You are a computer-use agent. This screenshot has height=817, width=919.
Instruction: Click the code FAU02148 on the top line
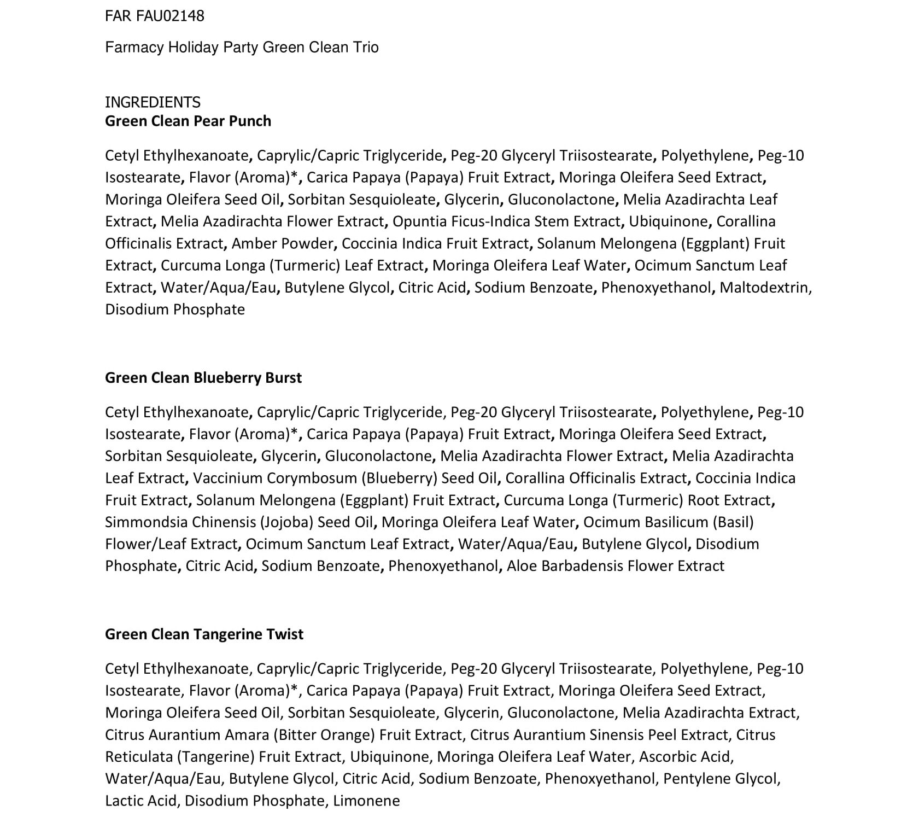[170, 16]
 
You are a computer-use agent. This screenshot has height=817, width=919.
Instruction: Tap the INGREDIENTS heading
[153, 102]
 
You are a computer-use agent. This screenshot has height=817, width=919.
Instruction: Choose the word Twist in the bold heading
[284, 634]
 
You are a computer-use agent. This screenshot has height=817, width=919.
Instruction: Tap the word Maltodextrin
[765, 288]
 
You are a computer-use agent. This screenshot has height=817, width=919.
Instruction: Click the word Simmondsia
[146, 522]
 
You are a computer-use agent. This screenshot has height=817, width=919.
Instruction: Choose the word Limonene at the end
[366, 801]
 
